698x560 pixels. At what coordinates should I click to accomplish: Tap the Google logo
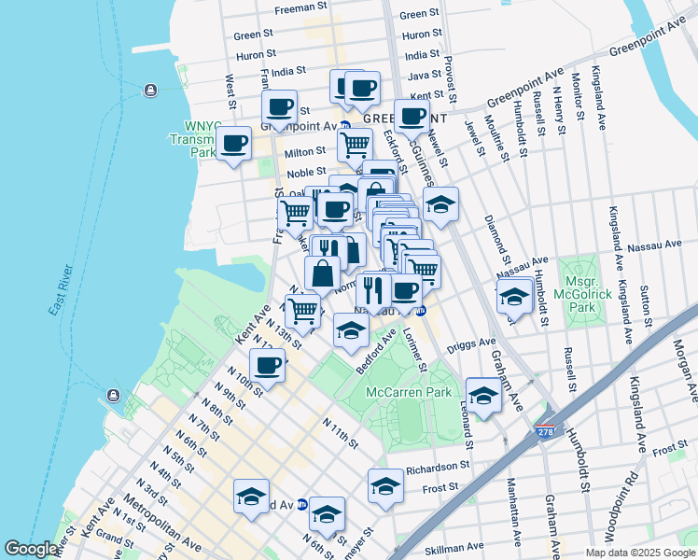[x=32, y=550]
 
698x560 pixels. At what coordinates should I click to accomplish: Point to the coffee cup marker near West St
[x=234, y=145]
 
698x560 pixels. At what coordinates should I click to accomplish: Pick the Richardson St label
[x=438, y=467]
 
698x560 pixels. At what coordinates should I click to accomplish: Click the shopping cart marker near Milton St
[x=355, y=146]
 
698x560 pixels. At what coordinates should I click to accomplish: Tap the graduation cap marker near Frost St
[x=385, y=485]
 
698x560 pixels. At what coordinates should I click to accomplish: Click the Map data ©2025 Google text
[x=639, y=553]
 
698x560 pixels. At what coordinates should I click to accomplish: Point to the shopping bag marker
[x=321, y=274]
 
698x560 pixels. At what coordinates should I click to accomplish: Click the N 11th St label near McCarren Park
[x=341, y=432]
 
